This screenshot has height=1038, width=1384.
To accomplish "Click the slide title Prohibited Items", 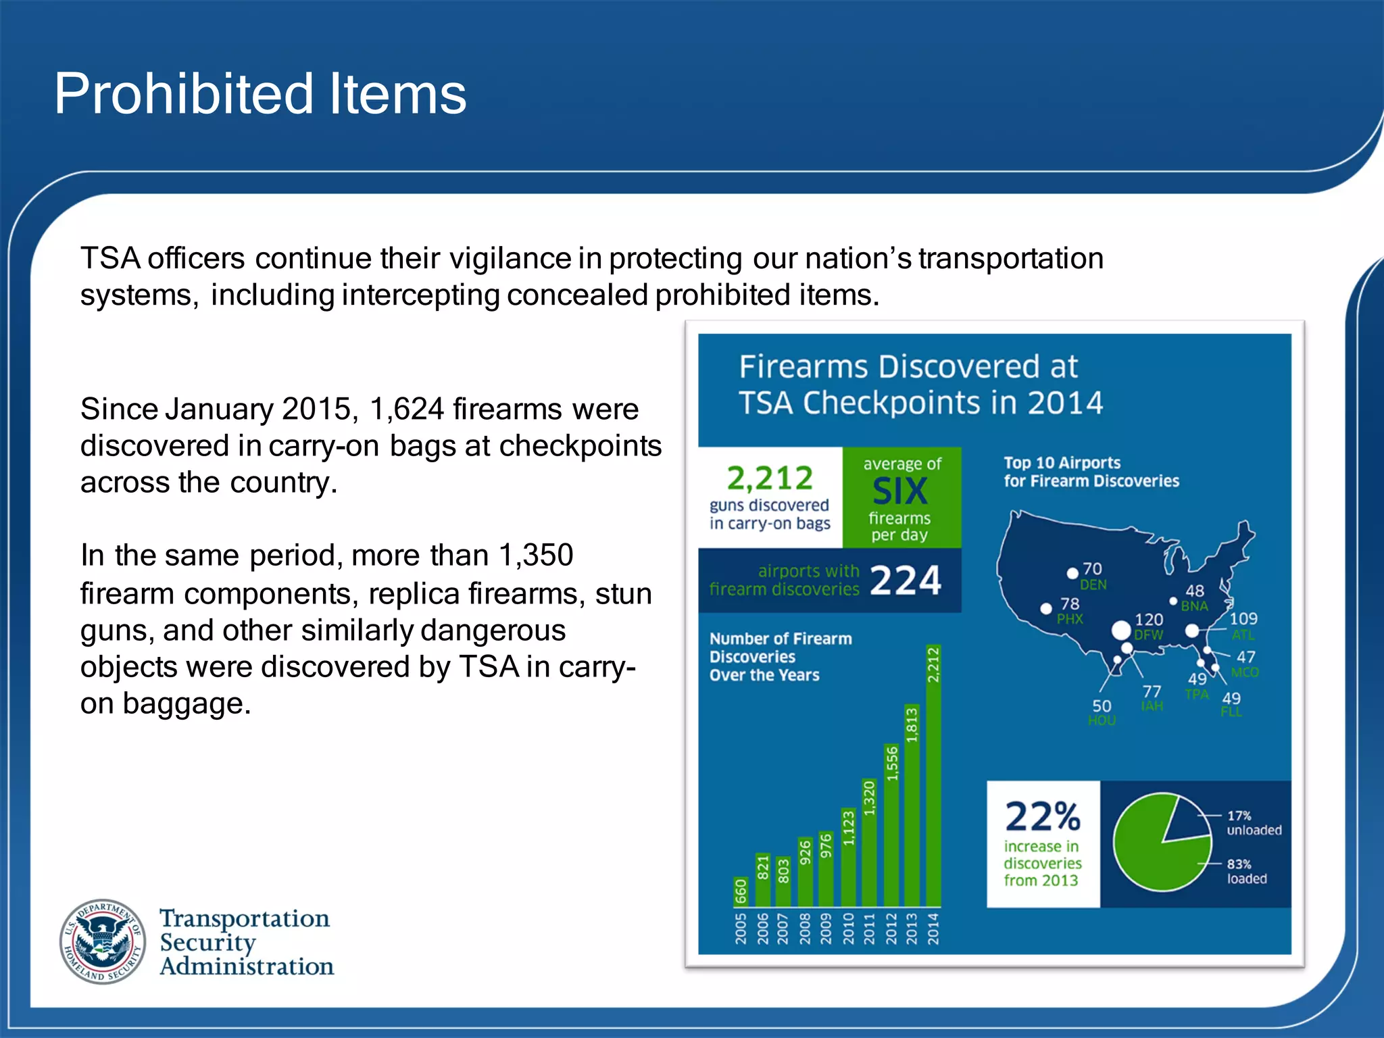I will point(260,94).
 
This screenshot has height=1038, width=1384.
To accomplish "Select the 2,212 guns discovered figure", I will point(770,478).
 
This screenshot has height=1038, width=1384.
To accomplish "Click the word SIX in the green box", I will point(900,491).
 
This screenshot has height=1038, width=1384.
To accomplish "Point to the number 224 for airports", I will point(906,580).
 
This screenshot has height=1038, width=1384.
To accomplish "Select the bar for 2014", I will point(933,777).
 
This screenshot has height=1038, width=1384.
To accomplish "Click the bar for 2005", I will point(741,891).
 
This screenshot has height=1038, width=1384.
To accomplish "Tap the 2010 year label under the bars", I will point(848,928).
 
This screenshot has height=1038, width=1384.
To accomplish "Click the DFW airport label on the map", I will point(1149,635).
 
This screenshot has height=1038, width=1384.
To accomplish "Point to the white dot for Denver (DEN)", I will point(1072,574).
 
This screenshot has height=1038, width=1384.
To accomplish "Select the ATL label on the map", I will point(1243,635).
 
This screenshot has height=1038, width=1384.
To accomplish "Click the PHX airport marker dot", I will point(1046,609).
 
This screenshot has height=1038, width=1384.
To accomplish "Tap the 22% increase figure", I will point(1042,816).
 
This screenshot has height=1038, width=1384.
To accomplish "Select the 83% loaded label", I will point(1246,872).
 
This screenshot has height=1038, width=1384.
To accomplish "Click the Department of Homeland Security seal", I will point(103,941).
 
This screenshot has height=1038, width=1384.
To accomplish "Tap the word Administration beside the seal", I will point(247,966).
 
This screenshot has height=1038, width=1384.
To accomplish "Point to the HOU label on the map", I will point(1102,720).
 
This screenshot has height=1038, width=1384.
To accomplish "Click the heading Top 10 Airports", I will point(1062,463).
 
